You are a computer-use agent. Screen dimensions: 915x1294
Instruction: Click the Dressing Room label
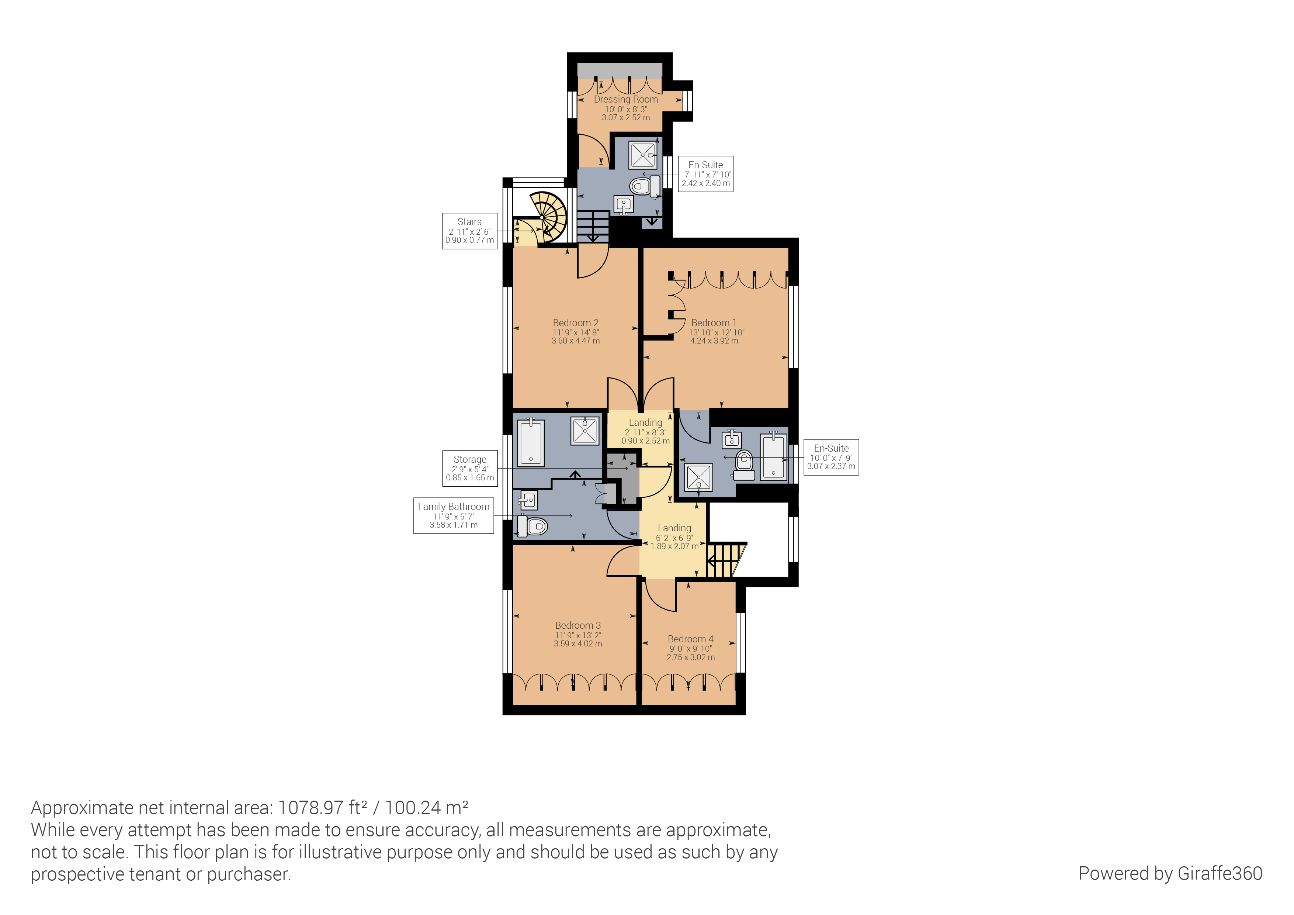coord(625,100)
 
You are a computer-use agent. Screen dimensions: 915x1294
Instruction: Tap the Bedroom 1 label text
coord(714,323)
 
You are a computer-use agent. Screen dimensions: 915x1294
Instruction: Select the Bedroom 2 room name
coord(575,323)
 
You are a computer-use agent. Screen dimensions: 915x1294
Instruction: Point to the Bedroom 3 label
coord(578,625)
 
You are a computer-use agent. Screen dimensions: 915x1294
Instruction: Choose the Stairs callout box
coord(469,231)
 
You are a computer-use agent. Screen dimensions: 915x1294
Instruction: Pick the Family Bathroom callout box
coord(453,515)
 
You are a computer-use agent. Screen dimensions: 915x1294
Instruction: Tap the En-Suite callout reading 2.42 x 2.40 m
coord(705,174)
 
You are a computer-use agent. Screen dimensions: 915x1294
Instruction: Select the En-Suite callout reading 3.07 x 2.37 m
coord(831,457)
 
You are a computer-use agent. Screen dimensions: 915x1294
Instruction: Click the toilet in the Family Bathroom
coord(532,526)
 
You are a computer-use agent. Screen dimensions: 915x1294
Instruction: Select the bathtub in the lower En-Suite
coord(773,456)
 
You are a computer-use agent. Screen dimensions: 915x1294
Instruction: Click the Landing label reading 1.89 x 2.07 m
coord(674,536)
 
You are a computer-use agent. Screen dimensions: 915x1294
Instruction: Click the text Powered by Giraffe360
coord(1170,873)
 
